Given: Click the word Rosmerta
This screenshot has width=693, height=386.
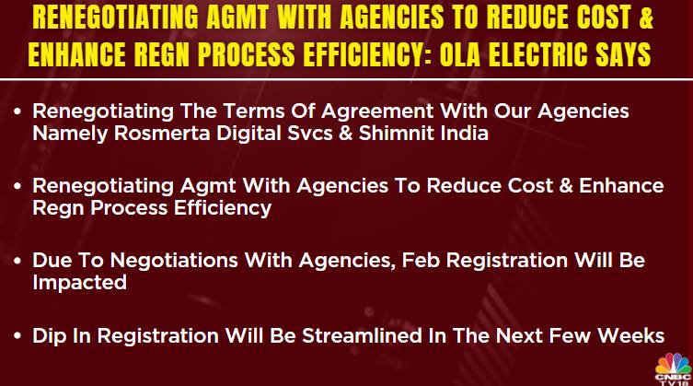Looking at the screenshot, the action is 162,134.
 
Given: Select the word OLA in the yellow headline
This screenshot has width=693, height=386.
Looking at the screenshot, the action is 460,54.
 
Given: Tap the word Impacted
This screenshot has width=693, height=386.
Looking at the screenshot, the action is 79,284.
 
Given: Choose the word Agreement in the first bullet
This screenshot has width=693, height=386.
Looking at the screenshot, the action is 377,111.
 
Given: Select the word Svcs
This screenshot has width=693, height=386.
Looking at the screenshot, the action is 310,134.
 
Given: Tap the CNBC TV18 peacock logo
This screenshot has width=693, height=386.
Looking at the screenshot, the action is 673,368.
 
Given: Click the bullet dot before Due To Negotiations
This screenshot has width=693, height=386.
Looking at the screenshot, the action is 17,261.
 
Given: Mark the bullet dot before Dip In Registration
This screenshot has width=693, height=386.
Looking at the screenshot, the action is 17,336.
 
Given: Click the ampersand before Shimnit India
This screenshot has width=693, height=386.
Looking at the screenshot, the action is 346,134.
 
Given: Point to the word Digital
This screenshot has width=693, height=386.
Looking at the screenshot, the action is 248,135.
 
